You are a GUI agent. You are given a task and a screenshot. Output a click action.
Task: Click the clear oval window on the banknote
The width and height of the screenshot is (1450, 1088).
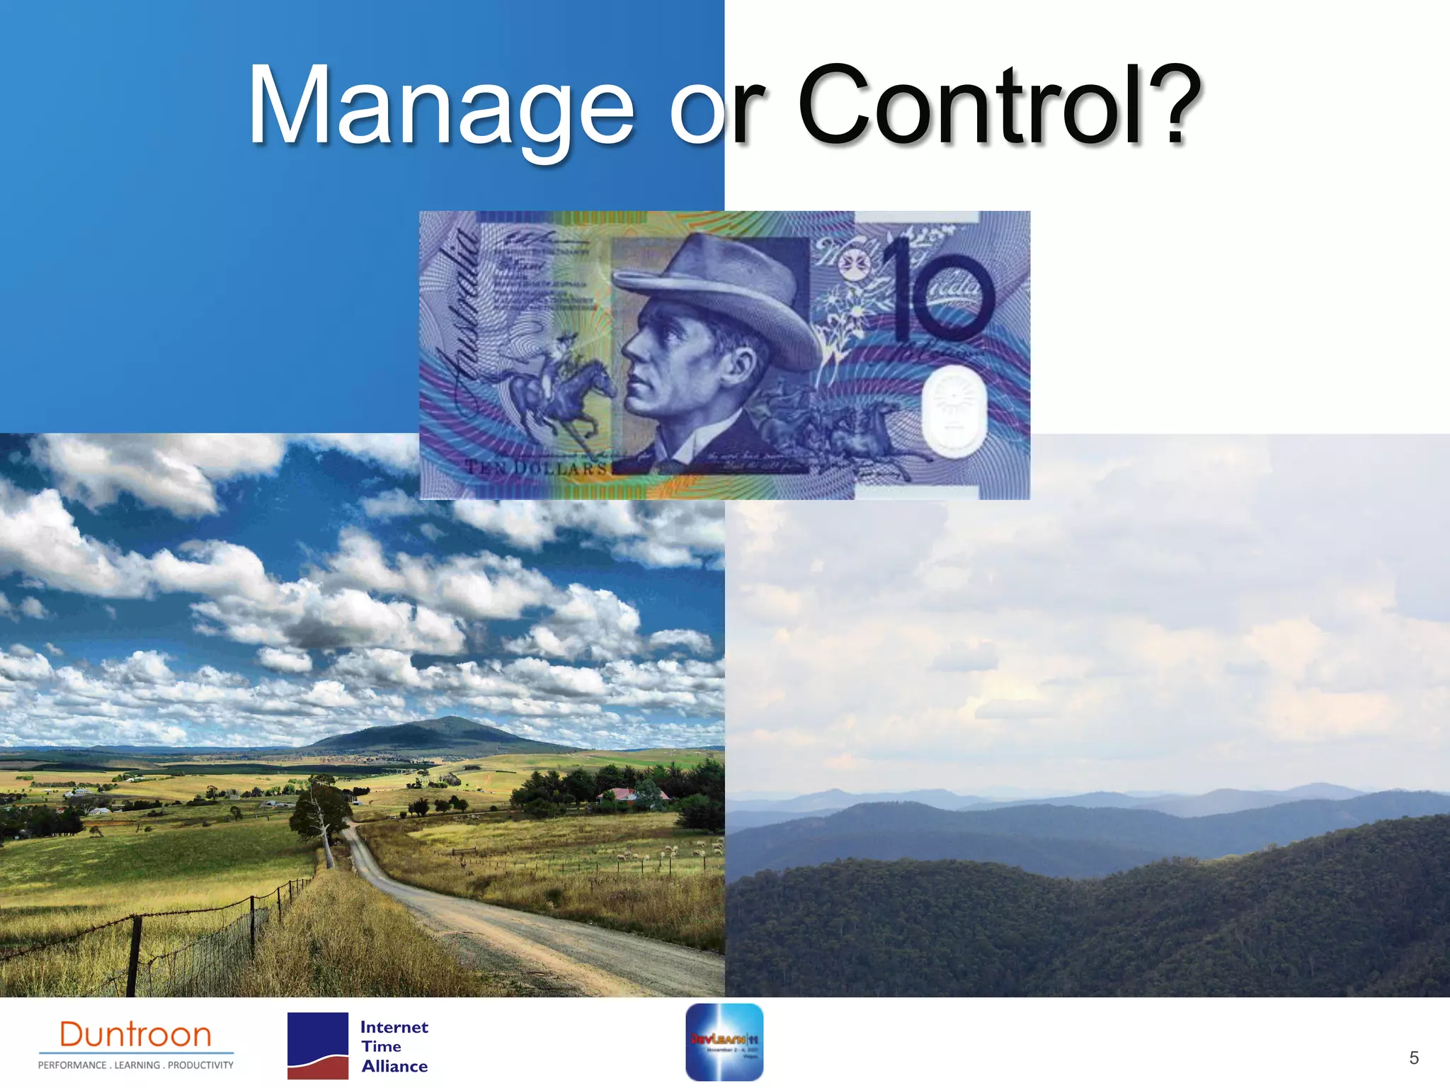[954, 411]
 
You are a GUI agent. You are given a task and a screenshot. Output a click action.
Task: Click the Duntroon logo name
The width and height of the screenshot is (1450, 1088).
[135, 1035]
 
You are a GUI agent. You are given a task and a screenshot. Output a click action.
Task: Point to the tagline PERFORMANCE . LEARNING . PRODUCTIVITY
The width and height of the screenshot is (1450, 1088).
[135, 1065]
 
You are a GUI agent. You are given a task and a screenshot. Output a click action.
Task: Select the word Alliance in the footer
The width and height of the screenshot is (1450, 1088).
[394, 1067]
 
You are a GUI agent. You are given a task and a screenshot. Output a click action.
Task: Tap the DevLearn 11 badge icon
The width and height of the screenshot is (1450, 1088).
[724, 1042]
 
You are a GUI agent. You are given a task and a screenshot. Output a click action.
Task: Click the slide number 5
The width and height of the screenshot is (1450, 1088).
[1413, 1058]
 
